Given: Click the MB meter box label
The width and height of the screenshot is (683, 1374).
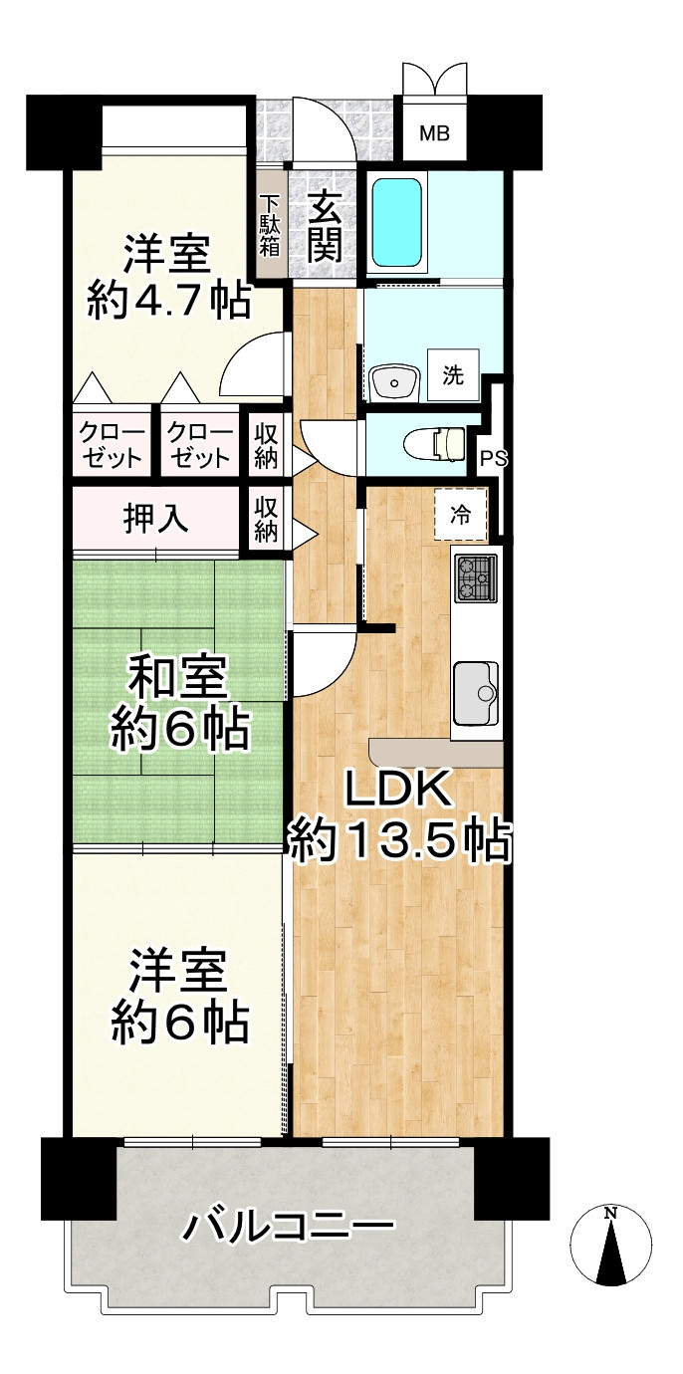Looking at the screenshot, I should point(433,133).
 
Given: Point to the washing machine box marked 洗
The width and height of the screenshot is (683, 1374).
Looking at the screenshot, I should point(453,375).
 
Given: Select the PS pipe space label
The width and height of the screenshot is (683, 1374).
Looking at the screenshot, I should point(493,459).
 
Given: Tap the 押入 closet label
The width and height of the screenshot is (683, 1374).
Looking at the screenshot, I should point(156,518).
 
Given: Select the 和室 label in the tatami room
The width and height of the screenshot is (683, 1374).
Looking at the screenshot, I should point(179,679).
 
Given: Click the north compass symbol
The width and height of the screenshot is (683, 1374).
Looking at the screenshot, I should point(611,1244).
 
